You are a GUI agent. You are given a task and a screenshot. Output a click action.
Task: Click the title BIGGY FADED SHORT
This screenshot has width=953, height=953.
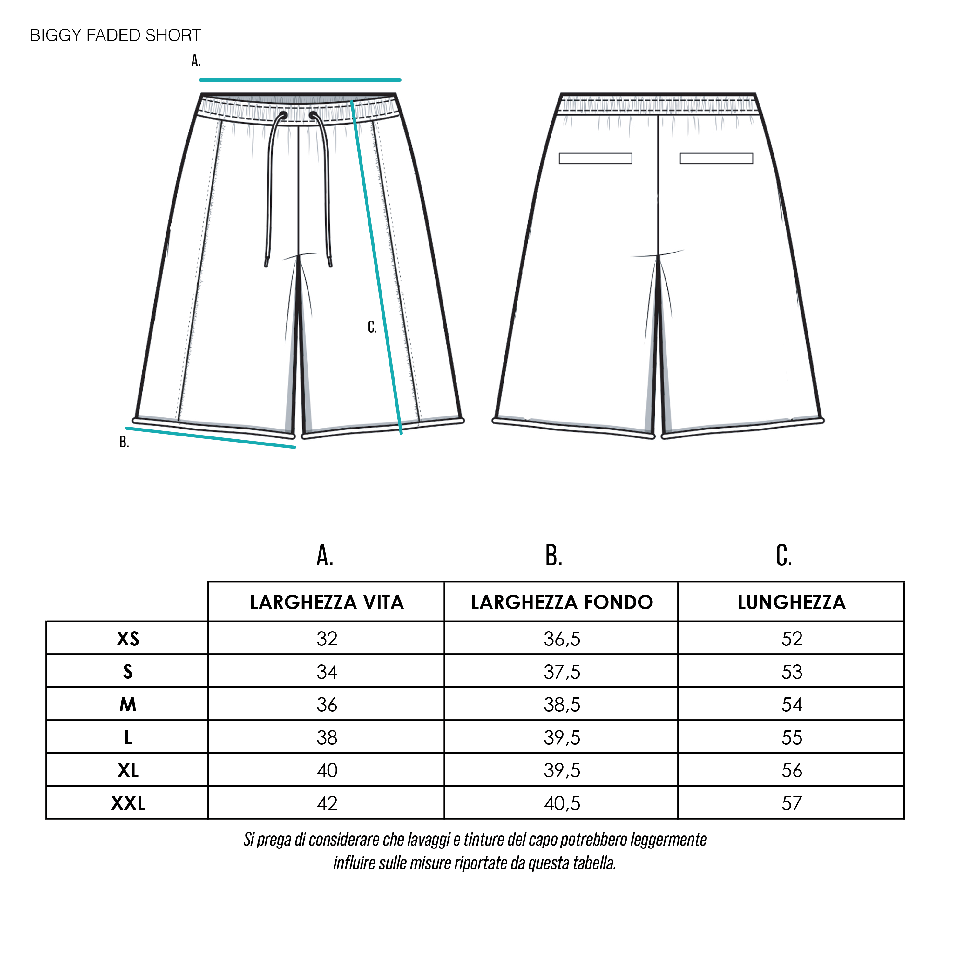(115, 36)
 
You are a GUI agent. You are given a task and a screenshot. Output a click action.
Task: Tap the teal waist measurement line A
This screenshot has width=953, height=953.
(300, 79)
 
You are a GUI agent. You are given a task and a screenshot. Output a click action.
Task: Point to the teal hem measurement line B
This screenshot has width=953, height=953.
(211, 437)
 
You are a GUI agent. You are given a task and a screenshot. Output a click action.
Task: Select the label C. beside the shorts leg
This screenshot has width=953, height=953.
(372, 327)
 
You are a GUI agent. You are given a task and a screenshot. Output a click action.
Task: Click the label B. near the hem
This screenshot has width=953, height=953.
(124, 442)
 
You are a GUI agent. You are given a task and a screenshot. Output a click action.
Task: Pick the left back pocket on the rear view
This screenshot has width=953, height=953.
(595, 158)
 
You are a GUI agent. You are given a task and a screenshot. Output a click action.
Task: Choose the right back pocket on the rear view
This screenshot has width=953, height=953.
(716, 158)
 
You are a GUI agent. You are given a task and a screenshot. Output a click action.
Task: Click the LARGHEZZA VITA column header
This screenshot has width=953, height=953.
(327, 602)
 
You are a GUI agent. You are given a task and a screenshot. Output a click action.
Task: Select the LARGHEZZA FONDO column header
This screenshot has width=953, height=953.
(562, 602)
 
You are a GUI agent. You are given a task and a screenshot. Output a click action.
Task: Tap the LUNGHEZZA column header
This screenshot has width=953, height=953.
(792, 602)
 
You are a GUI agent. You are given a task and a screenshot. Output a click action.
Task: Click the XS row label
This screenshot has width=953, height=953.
(128, 639)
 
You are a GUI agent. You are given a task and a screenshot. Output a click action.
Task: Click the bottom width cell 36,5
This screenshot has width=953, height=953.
(562, 639)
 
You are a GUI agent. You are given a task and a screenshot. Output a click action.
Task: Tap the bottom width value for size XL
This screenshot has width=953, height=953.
(562, 770)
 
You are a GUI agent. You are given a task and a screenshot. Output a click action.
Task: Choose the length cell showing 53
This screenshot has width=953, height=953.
(792, 672)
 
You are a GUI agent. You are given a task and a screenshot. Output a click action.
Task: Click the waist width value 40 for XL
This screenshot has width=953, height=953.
(327, 770)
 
